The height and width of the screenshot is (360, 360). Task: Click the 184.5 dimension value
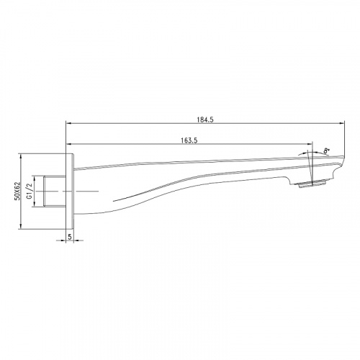205,120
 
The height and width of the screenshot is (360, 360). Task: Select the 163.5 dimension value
189,140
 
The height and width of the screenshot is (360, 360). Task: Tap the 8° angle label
326,151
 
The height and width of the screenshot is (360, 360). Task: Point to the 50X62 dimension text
17,191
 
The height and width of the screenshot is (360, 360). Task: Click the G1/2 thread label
30,191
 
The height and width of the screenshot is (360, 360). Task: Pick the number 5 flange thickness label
70,237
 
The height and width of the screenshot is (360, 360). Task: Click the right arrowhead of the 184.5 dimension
342,123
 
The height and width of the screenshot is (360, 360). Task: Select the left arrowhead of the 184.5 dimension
69,123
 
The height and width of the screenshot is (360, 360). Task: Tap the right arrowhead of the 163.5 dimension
310,144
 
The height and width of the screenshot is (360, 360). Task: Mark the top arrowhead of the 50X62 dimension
21,157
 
